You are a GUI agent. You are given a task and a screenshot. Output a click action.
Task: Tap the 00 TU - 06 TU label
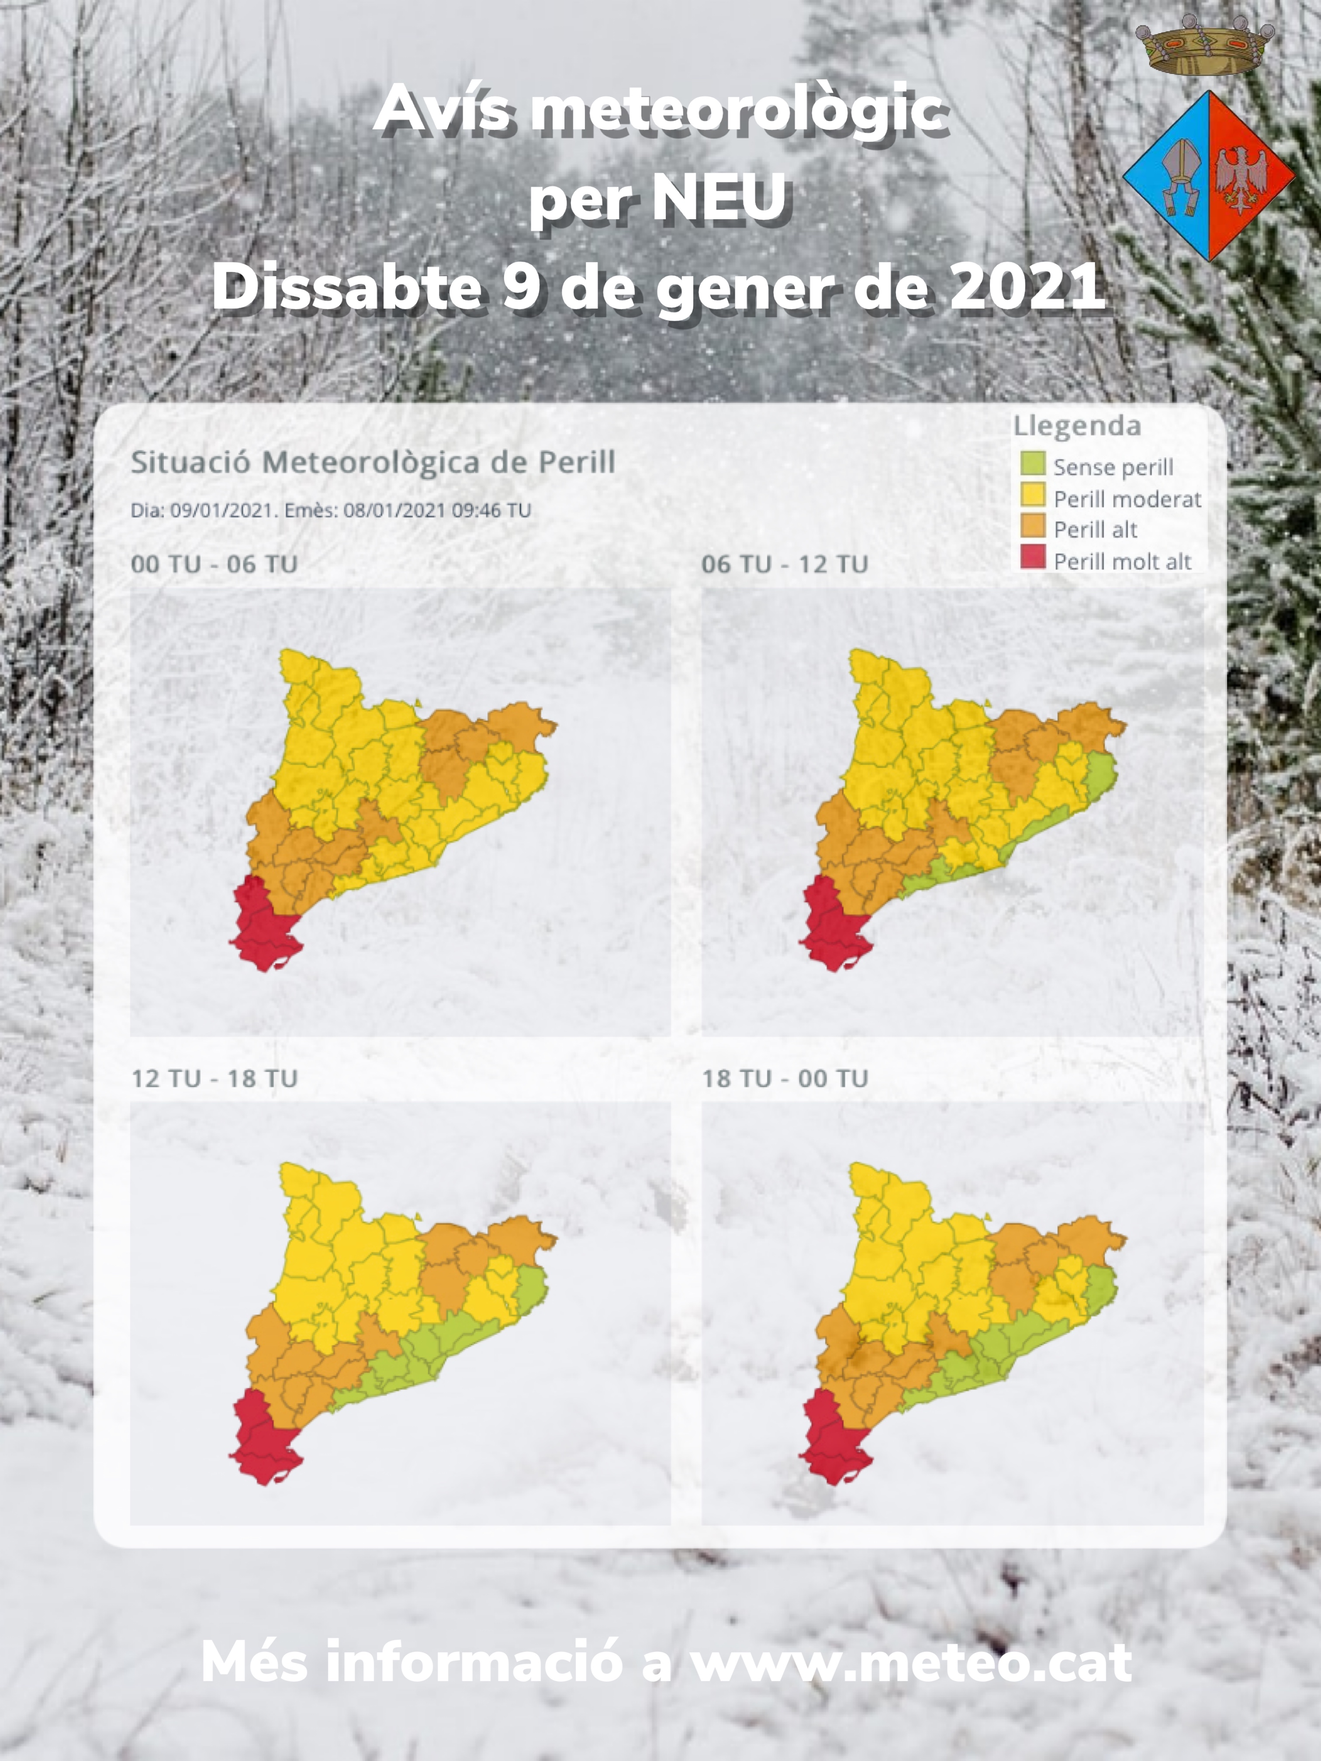(x=214, y=564)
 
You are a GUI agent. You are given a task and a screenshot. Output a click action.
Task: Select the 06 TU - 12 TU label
(x=784, y=564)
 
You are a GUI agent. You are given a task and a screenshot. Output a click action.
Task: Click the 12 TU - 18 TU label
(x=214, y=1079)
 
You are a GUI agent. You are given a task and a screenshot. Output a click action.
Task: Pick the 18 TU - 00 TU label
(x=784, y=1079)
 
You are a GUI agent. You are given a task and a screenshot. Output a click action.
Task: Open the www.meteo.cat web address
(x=910, y=1662)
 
